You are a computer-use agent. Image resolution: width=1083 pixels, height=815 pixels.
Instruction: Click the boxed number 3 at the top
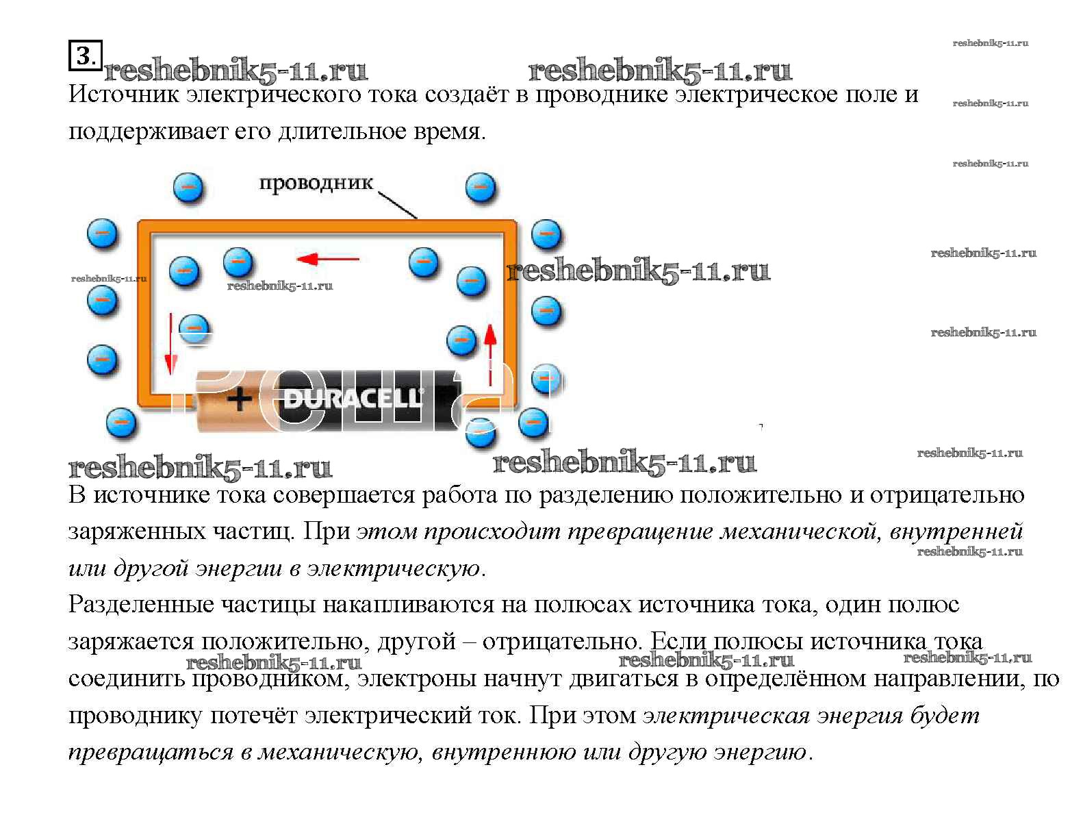point(86,55)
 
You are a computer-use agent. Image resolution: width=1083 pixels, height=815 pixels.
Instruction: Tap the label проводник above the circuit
point(316,183)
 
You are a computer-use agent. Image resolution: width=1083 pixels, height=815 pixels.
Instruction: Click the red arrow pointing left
point(328,259)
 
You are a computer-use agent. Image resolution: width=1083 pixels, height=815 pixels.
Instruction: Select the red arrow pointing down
point(170,344)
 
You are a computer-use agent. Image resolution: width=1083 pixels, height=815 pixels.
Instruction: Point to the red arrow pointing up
point(490,355)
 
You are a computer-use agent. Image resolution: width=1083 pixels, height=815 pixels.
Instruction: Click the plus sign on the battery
point(240,399)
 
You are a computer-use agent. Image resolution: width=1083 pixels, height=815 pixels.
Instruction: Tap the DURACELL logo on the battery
point(353,399)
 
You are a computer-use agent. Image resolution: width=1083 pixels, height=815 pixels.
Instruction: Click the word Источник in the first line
point(123,95)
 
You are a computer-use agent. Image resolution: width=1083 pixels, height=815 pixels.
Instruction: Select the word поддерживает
point(147,132)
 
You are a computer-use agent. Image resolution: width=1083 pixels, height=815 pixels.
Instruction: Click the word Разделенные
point(141,605)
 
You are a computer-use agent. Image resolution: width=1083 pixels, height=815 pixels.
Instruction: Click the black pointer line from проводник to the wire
point(398,205)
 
